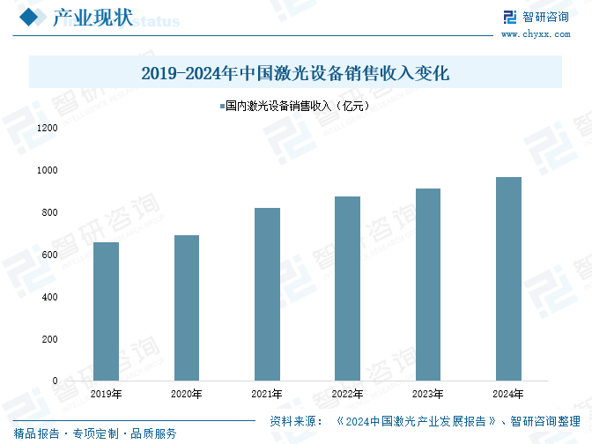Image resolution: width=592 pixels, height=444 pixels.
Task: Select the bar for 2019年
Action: [x=106, y=312]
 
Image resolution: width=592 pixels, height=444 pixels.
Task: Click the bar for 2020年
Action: [x=187, y=308]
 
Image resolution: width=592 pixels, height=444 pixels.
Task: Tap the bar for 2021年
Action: [x=267, y=294]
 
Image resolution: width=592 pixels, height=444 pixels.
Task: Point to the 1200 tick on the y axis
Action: [x=47, y=129]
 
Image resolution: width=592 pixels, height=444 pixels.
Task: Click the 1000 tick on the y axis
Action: [x=47, y=170]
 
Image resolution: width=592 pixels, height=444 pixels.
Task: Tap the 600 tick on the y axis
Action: [x=49, y=255]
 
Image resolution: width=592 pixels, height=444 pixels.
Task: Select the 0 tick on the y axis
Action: [x=55, y=381]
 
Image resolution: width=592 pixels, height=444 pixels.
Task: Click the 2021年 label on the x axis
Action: [x=267, y=394]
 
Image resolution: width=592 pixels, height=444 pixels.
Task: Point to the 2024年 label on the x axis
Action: [x=509, y=394]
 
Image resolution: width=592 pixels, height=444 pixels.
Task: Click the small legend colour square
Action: [x=221, y=106]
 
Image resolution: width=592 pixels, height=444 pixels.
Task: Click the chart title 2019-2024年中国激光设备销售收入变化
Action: [x=295, y=73]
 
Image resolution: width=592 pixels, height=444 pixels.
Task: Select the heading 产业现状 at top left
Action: [x=92, y=18]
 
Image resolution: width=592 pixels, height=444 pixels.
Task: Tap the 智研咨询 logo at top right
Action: [x=536, y=17]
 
